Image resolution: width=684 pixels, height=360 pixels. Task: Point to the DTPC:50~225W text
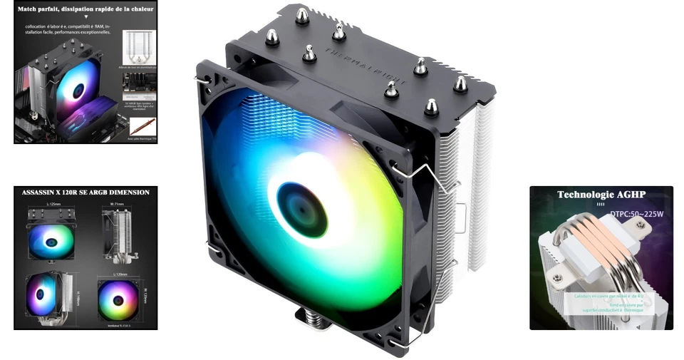click(x=636, y=213)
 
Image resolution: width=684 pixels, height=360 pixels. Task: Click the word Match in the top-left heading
click(x=33, y=10)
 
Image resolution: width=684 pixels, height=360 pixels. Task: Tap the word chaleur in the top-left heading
click(x=140, y=10)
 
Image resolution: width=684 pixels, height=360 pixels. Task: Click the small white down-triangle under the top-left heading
click(x=85, y=19)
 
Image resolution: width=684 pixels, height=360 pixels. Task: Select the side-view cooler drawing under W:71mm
click(x=117, y=236)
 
